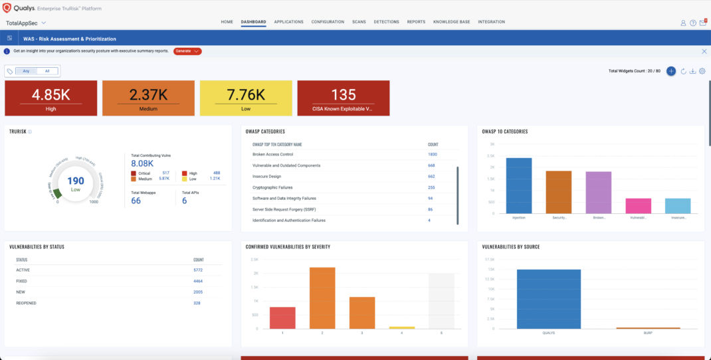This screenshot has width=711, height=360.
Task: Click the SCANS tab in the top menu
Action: coord(358,22)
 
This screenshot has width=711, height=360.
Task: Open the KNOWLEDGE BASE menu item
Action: coord(451,22)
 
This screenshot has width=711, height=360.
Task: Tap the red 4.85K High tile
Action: coord(51,98)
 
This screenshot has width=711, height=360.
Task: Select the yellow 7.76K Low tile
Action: coord(246,98)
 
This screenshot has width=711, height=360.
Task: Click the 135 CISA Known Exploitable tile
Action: coord(344,98)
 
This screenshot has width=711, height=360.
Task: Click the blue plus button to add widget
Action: coord(671,71)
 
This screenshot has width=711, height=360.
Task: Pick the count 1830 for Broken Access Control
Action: coord(432,154)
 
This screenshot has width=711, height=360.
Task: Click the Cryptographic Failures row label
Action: coord(272,187)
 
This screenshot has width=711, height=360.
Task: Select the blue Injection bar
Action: coord(519,186)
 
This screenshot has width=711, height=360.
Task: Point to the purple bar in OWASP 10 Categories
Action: coord(599,193)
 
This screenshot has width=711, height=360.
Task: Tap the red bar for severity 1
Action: coord(282,317)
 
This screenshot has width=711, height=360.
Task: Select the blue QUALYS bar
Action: coord(549,299)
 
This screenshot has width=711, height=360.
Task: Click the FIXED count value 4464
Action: coord(198,281)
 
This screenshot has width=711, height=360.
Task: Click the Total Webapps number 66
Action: coord(136,201)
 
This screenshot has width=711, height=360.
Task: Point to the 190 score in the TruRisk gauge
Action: coord(76,181)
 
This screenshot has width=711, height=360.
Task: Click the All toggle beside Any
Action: coord(47,71)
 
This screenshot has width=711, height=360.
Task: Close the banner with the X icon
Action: coord(704,51)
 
